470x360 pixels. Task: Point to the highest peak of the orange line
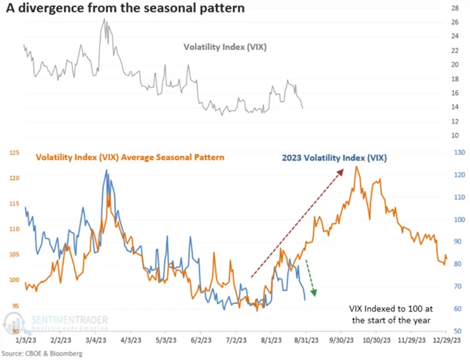[356, 167]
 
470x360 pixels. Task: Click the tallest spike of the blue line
[106, 170]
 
